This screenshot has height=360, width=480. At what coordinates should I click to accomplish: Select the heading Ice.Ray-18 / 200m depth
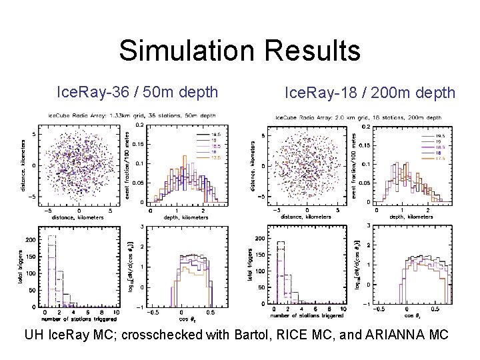pyautogui.click(x=370, y=91)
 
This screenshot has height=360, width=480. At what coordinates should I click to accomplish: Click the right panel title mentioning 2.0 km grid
pyautogui.click(x=347, y=119)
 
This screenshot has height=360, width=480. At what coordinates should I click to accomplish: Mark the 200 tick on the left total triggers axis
pyautogui.click(x=30, y=239)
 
